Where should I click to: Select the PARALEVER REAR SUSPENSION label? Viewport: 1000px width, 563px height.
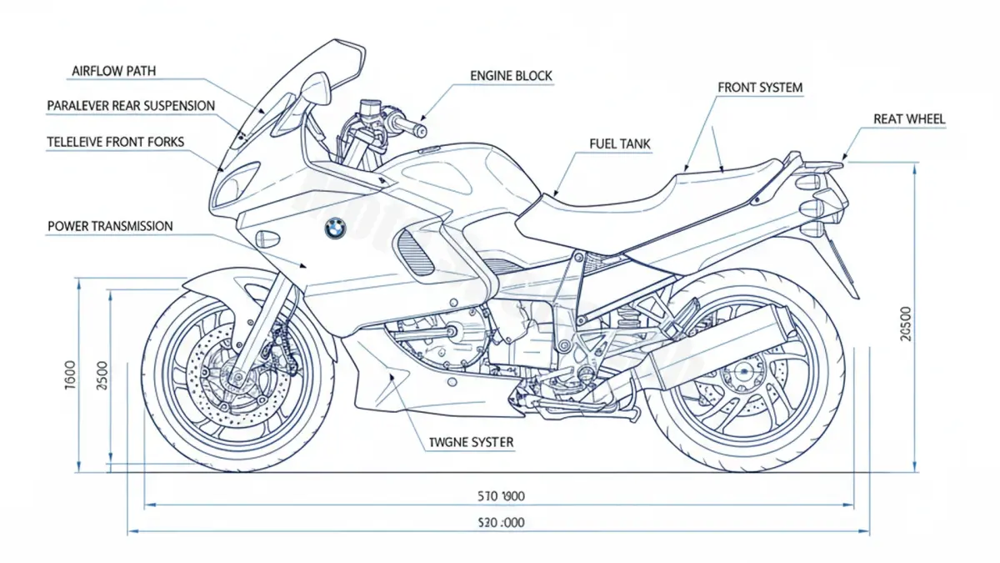(131, 106)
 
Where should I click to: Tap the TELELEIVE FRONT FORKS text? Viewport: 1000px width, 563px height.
(116, 143)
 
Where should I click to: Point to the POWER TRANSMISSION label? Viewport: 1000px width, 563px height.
(110, 226)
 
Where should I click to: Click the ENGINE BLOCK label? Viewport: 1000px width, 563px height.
(511, 76)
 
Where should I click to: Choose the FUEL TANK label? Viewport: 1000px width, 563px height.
(620, 144)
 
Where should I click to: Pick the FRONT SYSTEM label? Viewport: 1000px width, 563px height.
(760, 88)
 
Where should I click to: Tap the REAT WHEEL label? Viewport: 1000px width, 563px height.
(909, 119)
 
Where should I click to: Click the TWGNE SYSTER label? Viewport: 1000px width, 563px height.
(471, 441)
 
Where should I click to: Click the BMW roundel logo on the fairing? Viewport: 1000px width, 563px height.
(335, 228)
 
